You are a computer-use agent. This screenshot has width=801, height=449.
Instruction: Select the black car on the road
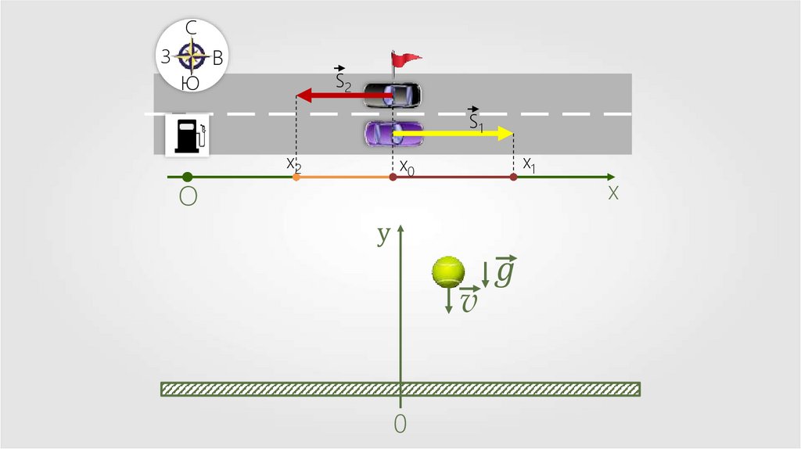coord(393,95)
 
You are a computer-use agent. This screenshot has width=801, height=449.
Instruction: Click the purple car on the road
coord(393,133)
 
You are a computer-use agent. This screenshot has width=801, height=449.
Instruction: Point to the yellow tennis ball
coord(448,271)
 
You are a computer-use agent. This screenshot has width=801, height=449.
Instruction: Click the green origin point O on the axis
coord(187,178)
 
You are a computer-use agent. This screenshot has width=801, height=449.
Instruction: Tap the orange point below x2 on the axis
coord(296,178)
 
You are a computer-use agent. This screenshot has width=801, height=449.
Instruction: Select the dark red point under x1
coord(513,178)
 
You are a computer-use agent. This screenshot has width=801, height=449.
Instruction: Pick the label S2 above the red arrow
coord(343,79)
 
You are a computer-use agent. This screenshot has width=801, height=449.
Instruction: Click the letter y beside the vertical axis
coord(383,234)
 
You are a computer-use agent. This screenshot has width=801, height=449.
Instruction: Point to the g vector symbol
coord(505,271)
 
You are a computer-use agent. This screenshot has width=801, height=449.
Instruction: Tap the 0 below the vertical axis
coord(400,423)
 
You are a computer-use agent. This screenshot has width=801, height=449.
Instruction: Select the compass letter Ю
coord(190,82)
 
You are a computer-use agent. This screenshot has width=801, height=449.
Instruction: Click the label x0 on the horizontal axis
coord(407,167)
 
